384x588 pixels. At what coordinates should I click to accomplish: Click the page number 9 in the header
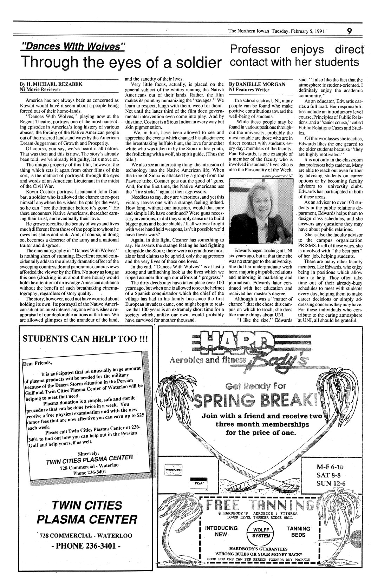point(349,31)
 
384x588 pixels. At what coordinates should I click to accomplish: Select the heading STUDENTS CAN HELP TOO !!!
point(85,339)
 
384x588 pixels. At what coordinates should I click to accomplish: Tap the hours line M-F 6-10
point(331,467)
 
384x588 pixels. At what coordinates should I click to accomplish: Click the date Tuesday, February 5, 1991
point(298,31)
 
